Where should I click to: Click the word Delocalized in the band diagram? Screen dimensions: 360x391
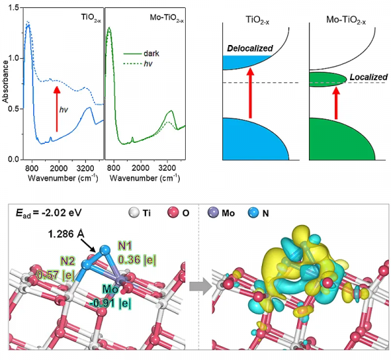250,48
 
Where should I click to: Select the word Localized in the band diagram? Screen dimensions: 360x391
368,76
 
